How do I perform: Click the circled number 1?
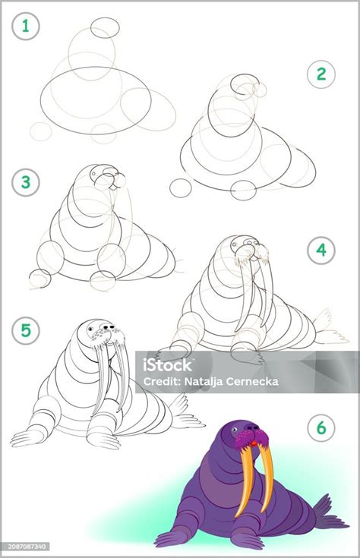point(25,26)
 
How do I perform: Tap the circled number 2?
point(321,74)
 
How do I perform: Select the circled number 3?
point(25,182)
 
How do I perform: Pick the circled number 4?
point(321,250)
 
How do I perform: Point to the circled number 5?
point(25,330)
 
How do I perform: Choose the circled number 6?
point(321,427)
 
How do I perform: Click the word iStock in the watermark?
point(167,365)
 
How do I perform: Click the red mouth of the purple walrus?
point(254,444)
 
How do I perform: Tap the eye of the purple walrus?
point(234,430)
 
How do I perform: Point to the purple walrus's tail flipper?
point(330,512)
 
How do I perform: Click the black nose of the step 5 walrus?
point(106,326)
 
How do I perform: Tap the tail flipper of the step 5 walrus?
point(185,412)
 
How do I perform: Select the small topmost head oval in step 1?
point(105,28)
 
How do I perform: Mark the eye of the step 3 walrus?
point(93,174)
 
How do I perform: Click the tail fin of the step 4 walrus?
point(330,327)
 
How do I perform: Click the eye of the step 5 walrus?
point(90,329)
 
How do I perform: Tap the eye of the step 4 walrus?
point(234,244)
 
